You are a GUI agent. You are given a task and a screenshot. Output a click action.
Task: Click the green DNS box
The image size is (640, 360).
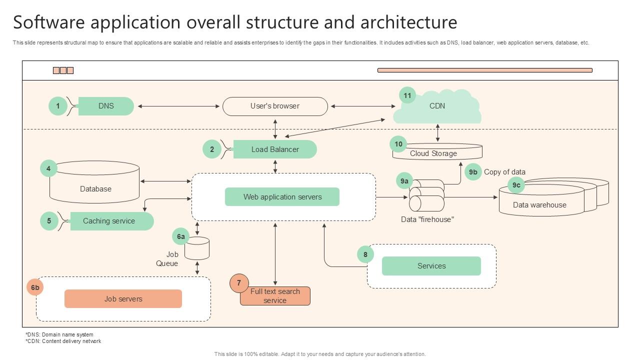pyautogui.click(x=106, y=106)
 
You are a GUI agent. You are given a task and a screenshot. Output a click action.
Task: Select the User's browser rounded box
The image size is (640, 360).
pyautogui.click(x=275, y=106)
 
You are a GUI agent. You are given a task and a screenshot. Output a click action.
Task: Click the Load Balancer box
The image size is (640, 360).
pyautogui.click(x=275, y=149)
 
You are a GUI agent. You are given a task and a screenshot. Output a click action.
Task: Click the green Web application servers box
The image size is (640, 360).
pyautogui.click(x=282, y=197)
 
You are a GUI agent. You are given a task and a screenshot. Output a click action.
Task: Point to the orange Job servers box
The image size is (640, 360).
pyautogui.click(x=123, y=299)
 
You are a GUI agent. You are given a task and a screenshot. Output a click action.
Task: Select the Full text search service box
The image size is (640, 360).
pyautogui.click(x=275, y=296)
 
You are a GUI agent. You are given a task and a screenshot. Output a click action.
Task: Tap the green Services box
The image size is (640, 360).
pyautogui.click(x=431, y=266)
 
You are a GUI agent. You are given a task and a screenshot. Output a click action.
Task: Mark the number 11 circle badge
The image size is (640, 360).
pyautogui.click(x=407, y=95)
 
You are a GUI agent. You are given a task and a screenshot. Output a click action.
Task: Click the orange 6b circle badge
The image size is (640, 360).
pyautogui.click(x=35, y=287)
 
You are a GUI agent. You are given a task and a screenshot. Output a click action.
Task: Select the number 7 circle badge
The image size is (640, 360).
pyautogui.click(x=239, y=283)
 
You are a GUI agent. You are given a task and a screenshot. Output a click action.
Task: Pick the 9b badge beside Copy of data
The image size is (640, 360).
pyautogui.click(x=473, y=172)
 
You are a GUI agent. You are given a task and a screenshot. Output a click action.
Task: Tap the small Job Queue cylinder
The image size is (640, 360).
pyautogui.click(x=197, y=248)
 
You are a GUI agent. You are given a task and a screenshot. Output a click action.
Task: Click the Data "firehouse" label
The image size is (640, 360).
pyautogui.click(x=427, y=219)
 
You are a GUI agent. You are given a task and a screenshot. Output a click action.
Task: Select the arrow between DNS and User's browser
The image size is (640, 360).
pyautogui.click(x=178, y=106)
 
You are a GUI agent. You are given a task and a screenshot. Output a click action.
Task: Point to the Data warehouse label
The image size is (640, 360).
pyautogui.click(x=539, y=205)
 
